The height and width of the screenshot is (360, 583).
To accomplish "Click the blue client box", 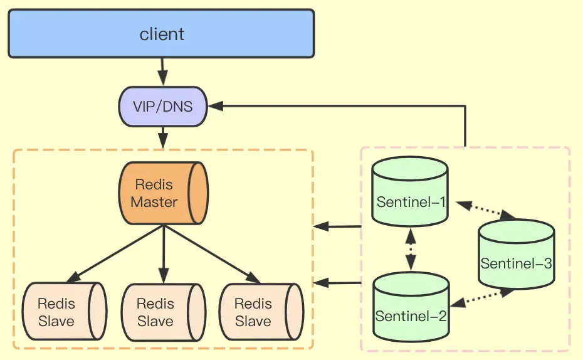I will pyautogui.click(x=161, y=34).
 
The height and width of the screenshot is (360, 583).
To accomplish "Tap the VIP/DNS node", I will pyautogui.click(x=163, y=107).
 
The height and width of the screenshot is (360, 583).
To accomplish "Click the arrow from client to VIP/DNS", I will pyautogui.click(x=162, y=71).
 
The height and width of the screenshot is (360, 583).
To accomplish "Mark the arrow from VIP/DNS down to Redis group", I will pyautogui.click(x=163, y=137).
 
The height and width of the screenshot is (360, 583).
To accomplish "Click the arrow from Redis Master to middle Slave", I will pyautogui.click(x=163, y=254).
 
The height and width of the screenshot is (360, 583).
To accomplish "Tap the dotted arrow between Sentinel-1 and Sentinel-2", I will pyautogui.click(x=411, y=249).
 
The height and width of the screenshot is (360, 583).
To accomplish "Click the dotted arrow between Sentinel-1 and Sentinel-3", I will pyautogui.click(x=486, y=209).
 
